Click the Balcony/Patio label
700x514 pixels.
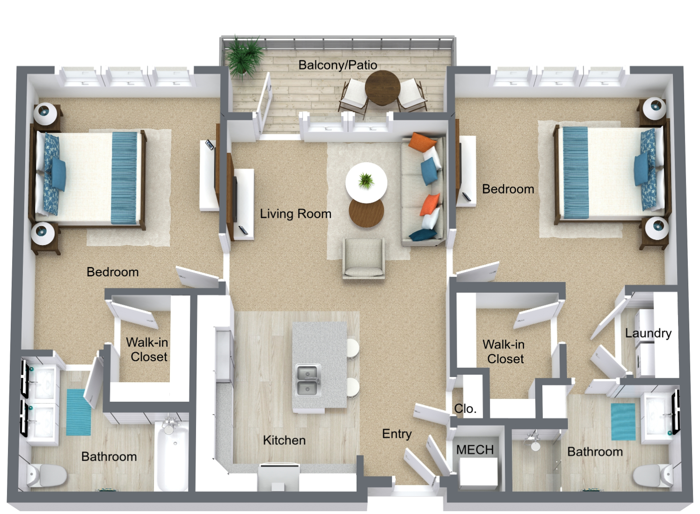(337, 65)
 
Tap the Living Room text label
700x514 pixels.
(296, 214)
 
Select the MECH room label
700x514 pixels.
(475, 450)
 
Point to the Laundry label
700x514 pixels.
(648, 333)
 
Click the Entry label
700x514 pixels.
(397, 434)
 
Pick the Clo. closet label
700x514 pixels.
(465, 408)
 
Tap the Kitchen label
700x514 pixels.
(284, 440)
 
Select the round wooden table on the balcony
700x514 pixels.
(382, 87)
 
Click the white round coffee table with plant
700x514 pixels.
(366, 183)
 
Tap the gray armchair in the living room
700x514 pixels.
(364, 258)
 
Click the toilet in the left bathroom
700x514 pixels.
(46, 475)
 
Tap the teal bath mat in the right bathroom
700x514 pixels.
(623, 421)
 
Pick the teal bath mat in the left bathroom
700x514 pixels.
(79, 412)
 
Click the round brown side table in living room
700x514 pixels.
(366, 212)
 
